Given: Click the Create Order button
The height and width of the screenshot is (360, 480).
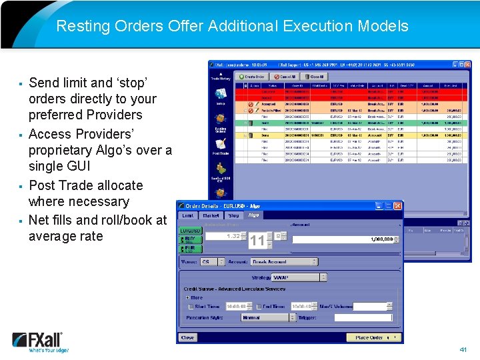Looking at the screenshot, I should [253, 77].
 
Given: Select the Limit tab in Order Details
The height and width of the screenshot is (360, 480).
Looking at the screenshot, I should [188, 215].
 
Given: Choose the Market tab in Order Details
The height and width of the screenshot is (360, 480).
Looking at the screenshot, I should [211, 215].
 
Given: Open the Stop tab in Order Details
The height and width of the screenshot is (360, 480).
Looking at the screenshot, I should [233, 215].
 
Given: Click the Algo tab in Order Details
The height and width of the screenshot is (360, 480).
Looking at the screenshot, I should [253, 215].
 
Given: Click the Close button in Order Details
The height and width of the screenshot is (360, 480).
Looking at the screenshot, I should [188, 337].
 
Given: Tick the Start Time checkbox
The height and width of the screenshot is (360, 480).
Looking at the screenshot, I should [191, 307].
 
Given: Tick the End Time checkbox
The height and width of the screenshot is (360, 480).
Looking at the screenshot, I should [257, 307].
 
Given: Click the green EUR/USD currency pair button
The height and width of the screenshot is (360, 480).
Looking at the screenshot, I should [190, 231].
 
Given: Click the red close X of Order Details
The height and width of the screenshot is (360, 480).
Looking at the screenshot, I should [397, 206].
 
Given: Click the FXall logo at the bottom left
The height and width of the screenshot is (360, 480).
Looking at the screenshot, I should [38, 341].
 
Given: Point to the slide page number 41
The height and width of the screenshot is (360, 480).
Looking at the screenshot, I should [463, 349].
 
